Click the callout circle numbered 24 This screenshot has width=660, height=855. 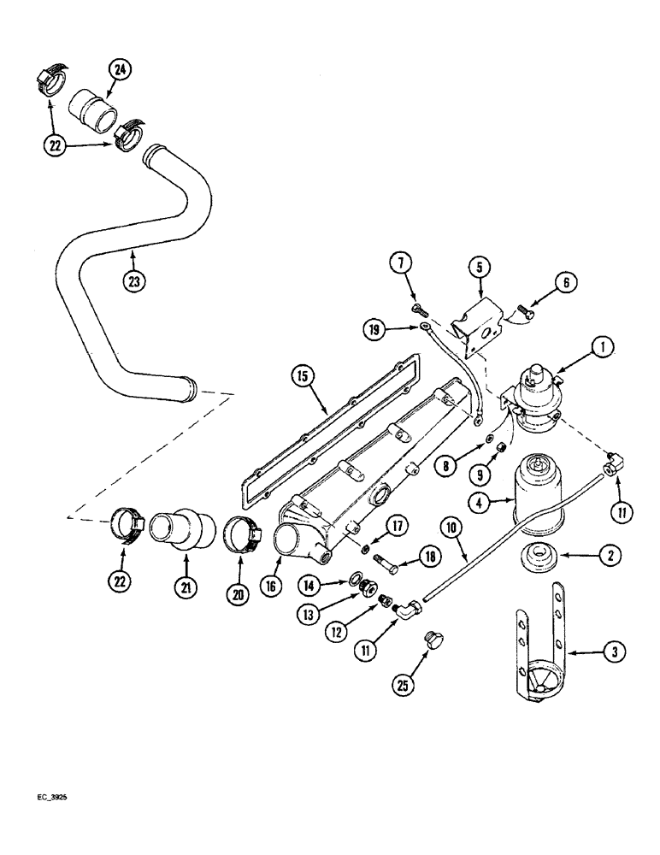[x=119, y=71]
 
